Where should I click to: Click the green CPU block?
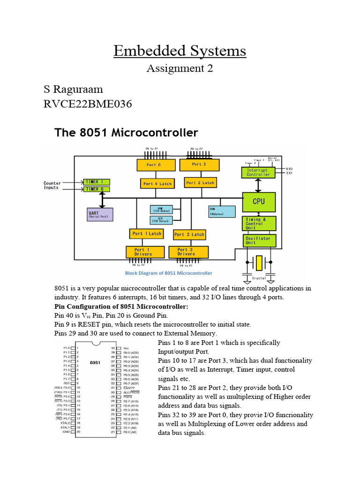[x=259, y=202]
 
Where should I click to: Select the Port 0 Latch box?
[x=157, y=184]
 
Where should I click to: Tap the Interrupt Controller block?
[x=258, y=172]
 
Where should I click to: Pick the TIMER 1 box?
[x=97, y=181]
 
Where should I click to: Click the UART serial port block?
[x=100, y=215]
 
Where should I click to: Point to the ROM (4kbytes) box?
[x=222, y=211]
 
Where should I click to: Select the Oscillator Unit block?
[x=258, y=240]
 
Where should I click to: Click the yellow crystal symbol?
[x=259, y=263]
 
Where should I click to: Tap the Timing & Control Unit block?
[x=258, y=224]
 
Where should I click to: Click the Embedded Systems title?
[x=180, y=51]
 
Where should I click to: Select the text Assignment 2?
[x=180, y=68]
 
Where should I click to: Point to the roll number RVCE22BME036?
[x=87, y=104]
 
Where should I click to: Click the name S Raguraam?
[x=73, y=89]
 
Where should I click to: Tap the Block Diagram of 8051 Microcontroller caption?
[x=168, y=273]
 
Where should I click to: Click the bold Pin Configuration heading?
[x=121, y=307]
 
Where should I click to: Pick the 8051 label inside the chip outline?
[x=95, y=362]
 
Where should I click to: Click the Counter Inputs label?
[x=52, y=186]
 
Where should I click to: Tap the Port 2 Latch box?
[x=200, y=183]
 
